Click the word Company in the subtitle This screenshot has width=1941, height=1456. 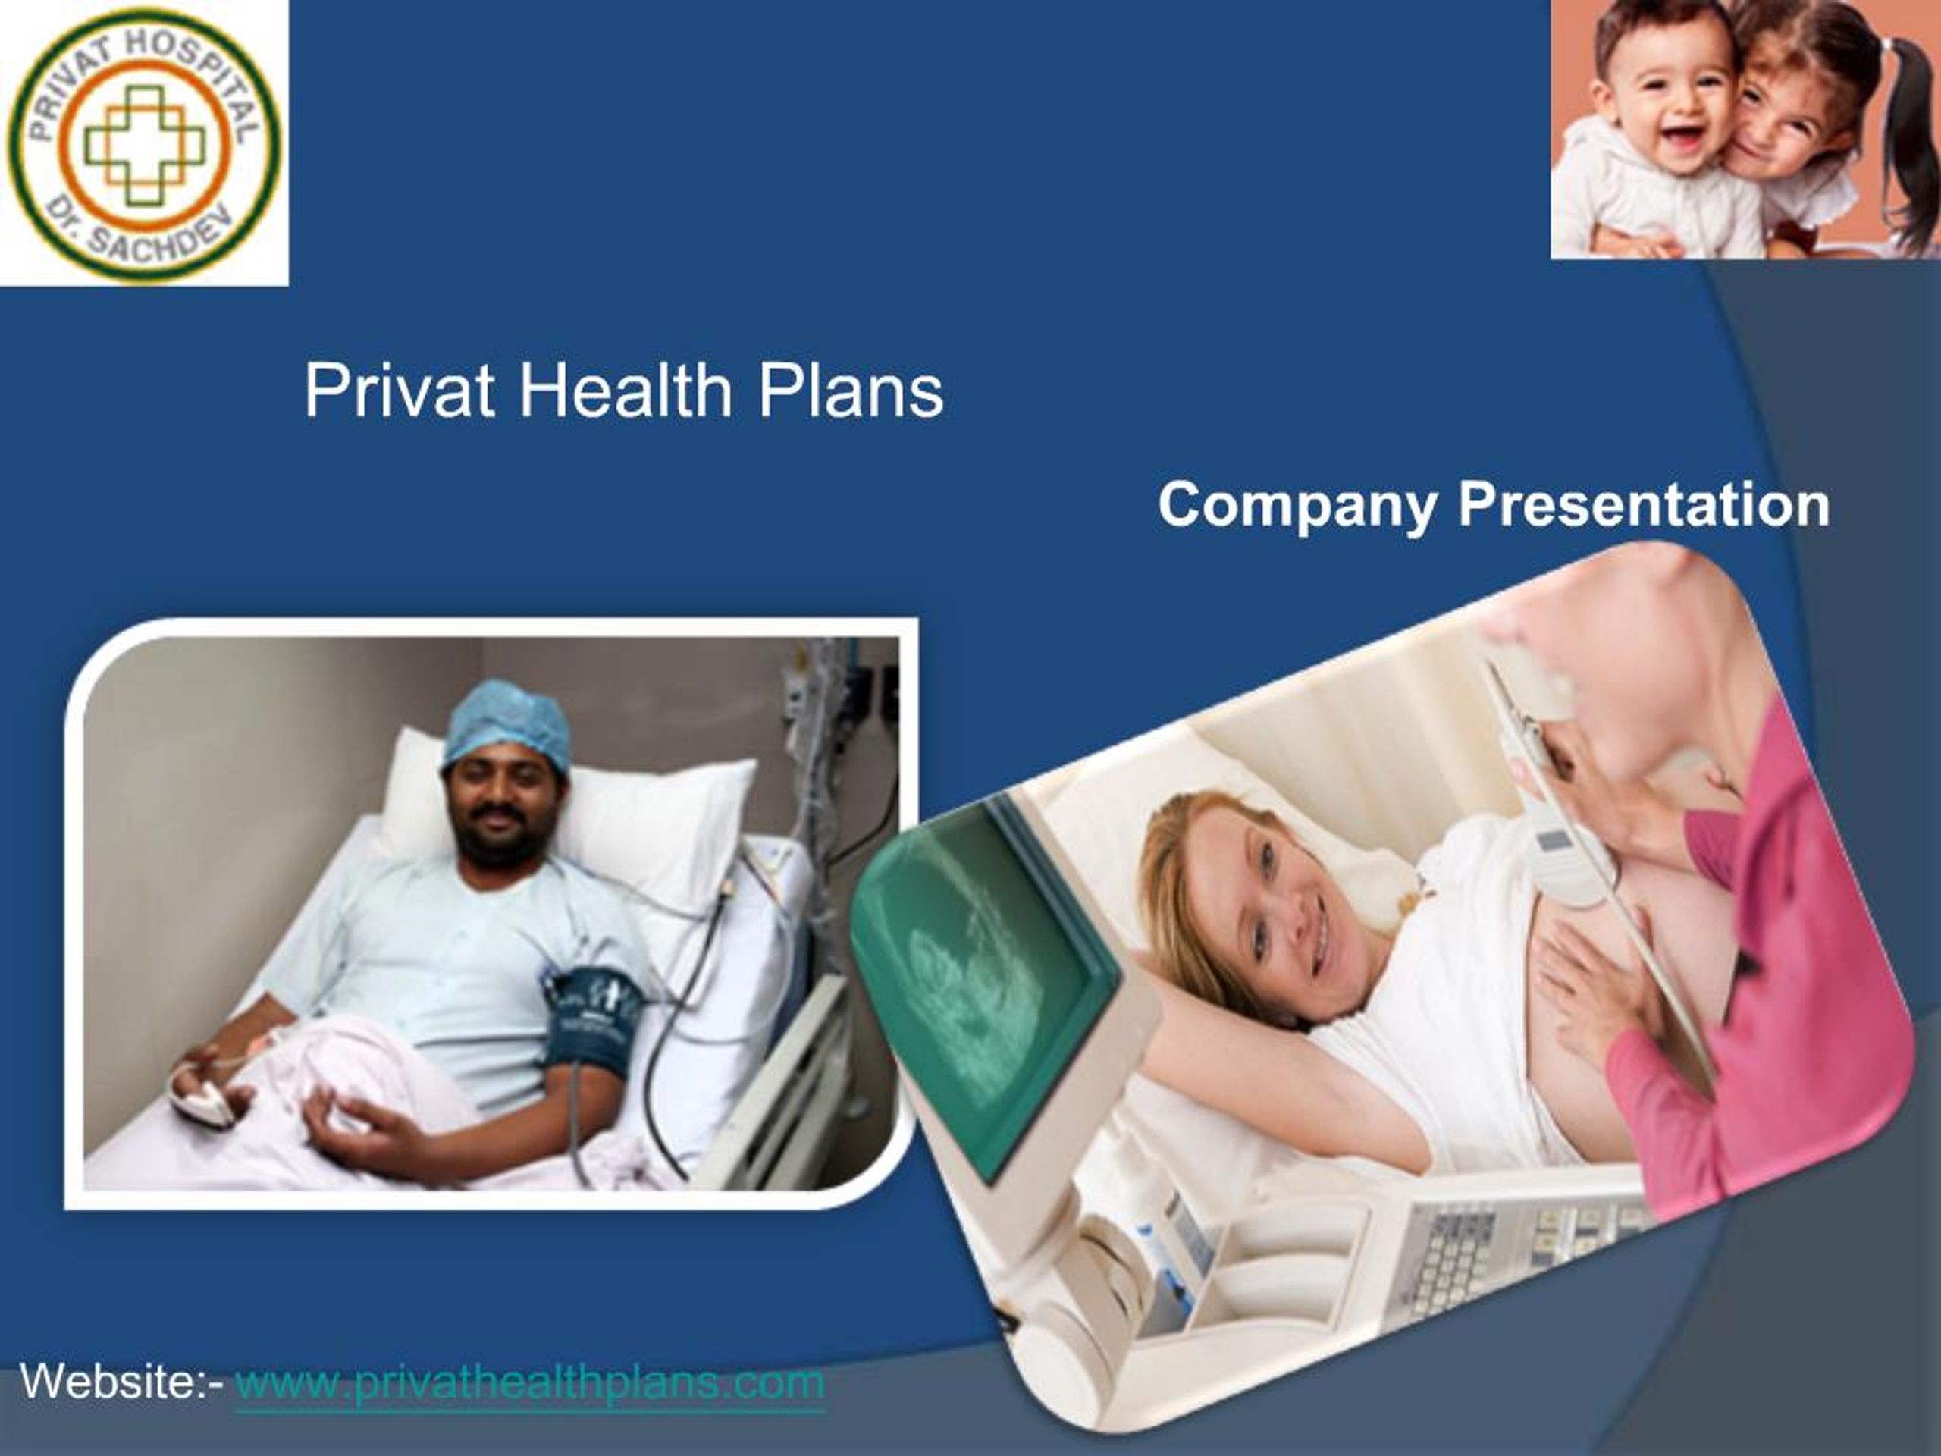tap(1298, 507)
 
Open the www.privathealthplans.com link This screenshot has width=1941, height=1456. tap(530, 1382)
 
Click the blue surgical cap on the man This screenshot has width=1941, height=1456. tap(506, 721)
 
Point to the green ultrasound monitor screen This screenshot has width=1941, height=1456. tap(983, 983)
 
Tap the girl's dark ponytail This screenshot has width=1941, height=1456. tap(1913, 132)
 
